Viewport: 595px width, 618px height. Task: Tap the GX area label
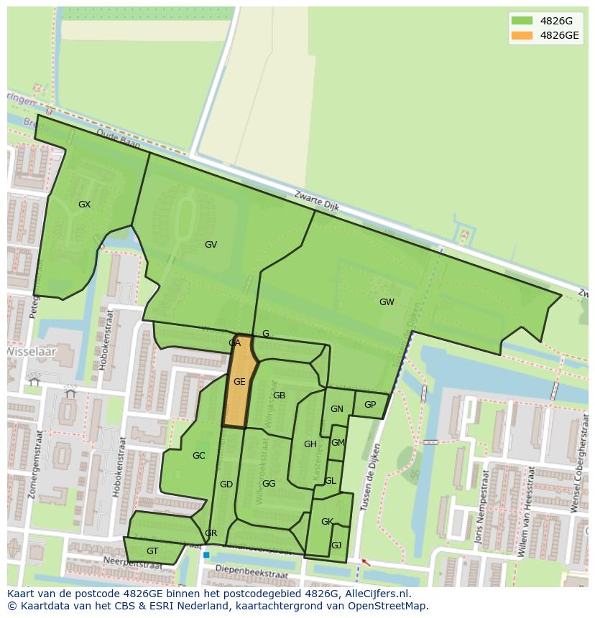click(84, 205)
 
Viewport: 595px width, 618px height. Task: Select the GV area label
click(211, 245)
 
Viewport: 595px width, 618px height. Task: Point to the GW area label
click(387, 302)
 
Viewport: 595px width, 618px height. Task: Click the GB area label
click(279, 395)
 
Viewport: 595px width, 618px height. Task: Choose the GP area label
click(369, 405)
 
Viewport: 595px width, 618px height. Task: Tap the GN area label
click(336, 409)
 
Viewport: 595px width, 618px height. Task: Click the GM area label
click(338, 443)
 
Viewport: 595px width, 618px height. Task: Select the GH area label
click(310, 444)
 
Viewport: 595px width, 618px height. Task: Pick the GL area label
click(330, 481)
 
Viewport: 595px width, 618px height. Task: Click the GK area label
click(327, 522)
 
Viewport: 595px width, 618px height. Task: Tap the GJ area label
click(336, 546)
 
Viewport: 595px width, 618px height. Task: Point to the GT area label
click(152, 551)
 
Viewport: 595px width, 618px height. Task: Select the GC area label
click(198, 456)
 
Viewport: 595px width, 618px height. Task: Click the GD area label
click(226, 484)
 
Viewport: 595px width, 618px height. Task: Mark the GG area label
click(269, 484)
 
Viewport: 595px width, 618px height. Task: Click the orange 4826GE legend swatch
click(522, 35)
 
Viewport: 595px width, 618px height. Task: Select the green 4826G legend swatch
click(522, 20)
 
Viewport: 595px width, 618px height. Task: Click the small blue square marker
click(206, 555)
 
